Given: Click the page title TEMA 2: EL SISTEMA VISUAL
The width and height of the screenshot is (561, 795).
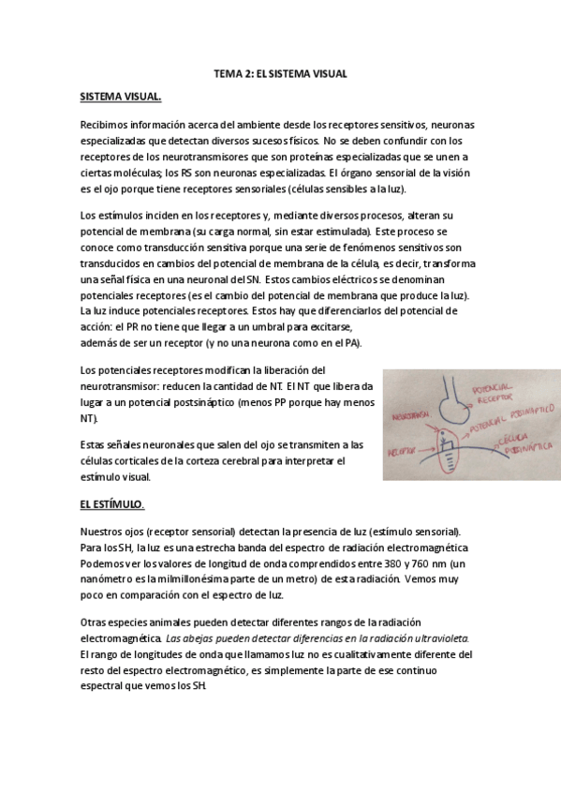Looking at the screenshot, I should [280, 72].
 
